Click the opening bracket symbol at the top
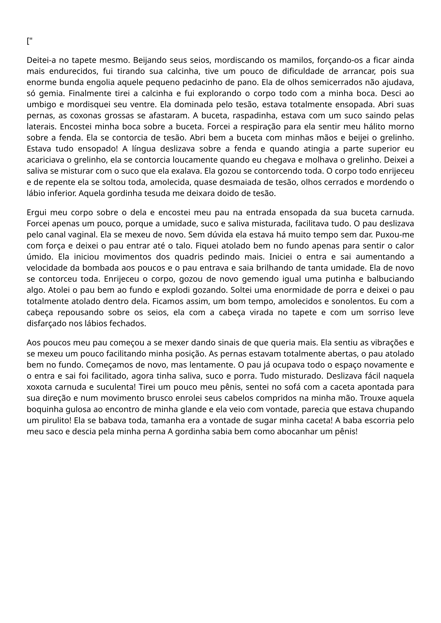click(28, 42)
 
